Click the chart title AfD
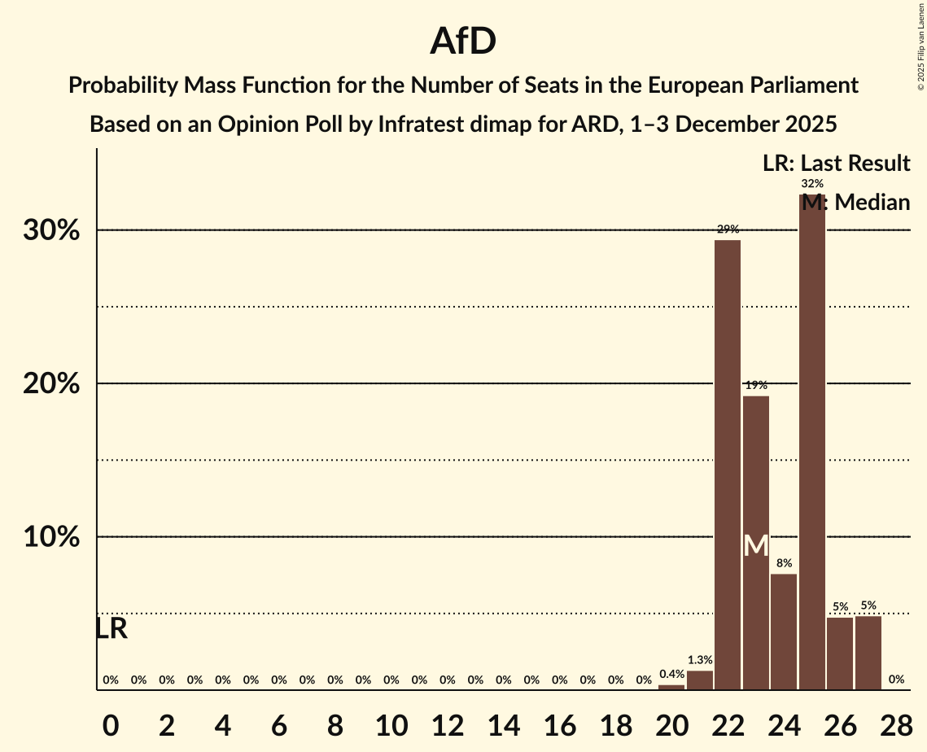tap(463, 42)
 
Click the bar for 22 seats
tap(728, 465)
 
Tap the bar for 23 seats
tap(756, 543)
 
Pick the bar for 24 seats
tap(784, 632)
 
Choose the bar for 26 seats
tap(840, 654)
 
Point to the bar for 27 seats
tap(868, 653)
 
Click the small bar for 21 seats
tap(700, 680)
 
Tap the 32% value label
tap(811, 184)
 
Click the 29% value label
tap(728, 230)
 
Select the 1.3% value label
tap(700, 660)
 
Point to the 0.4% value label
tap(671, 674)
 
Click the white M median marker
tap(756, 545)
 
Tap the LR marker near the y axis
tap(111, 628)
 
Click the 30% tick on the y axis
tap(51, 230)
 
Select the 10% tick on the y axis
tap(51, 537)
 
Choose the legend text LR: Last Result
tap(836, 164)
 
